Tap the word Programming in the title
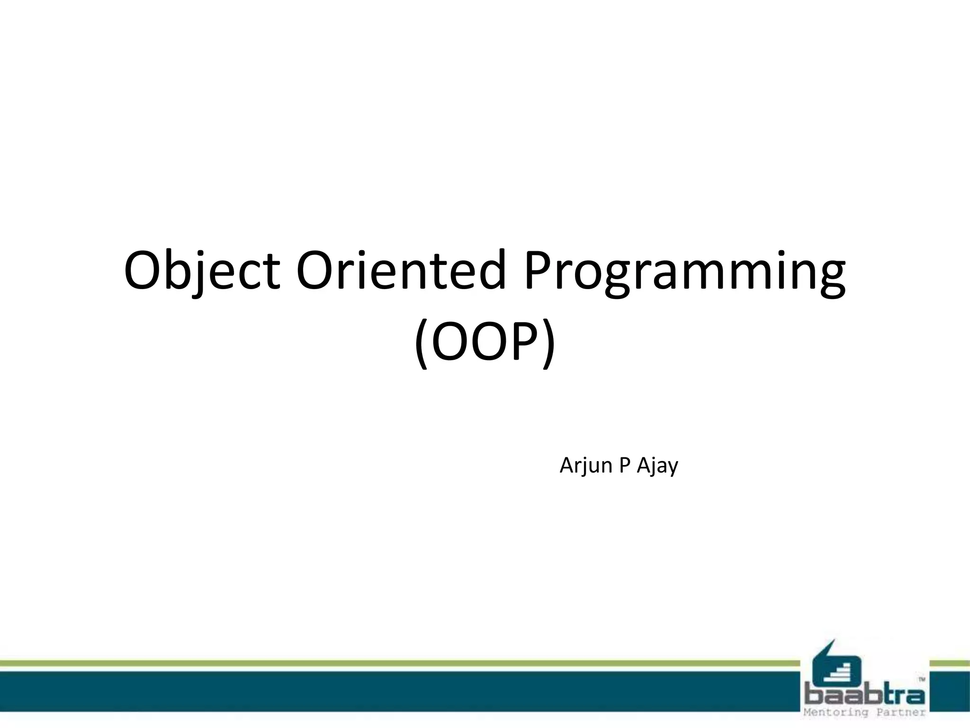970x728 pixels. pos(684,271)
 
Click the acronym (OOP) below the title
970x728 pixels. pos(485,342)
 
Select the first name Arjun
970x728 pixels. pos(586,466)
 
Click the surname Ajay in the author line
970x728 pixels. pos(657,466)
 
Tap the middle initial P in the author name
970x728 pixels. pos(624,465)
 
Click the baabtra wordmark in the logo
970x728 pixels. pos(865,695)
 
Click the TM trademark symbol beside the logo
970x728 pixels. pos(922,679)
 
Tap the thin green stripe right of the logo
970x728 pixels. pos(950,663)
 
